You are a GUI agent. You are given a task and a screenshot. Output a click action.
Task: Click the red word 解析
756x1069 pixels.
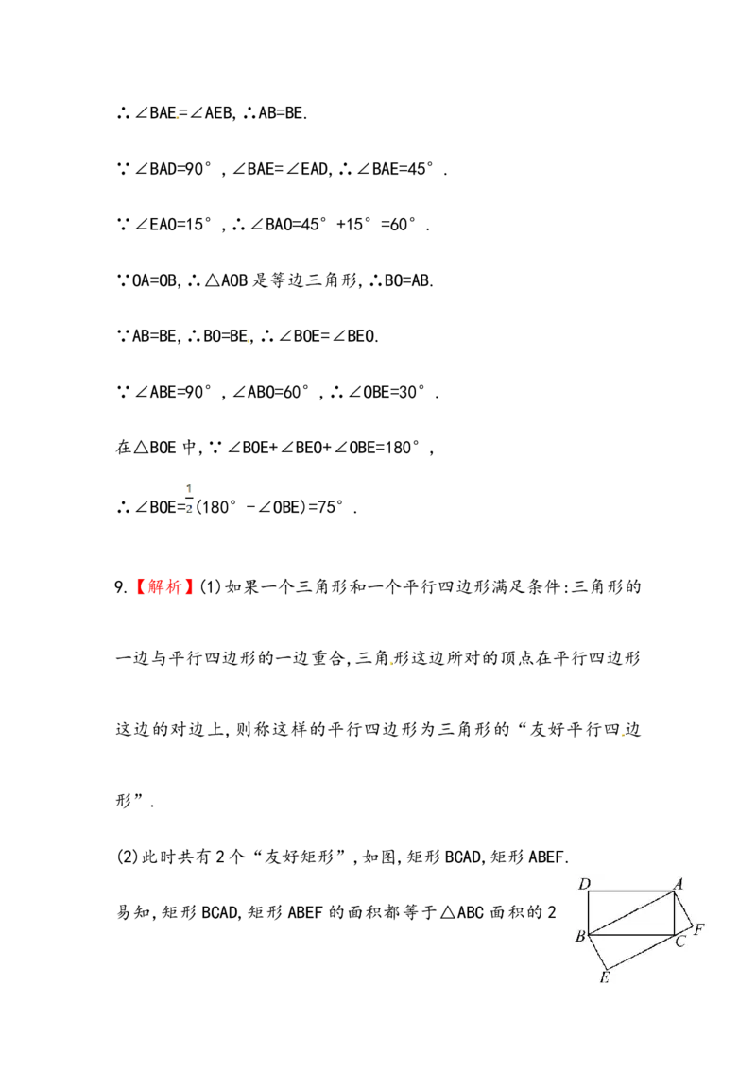click(x=164, y=587)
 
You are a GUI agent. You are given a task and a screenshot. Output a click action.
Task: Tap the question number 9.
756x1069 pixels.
click(x=120, y=587)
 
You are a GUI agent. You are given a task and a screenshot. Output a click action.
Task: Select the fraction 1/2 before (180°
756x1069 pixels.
click(x=189, y=500)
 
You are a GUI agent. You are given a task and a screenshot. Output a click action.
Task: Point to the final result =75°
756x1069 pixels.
click(x=327, y=507)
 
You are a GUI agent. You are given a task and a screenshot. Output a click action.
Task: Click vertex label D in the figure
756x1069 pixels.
click(x=584, y=884)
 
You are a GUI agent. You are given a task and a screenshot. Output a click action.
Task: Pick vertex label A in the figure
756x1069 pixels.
click(x=678, y=884)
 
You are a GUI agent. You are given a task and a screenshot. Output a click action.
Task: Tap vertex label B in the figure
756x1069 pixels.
click(x=580, y=936)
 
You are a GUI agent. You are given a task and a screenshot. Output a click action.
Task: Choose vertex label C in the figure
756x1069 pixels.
click(x=679, y=942)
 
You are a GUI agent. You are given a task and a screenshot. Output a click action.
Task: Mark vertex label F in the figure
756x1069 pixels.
click(x=698, y=928)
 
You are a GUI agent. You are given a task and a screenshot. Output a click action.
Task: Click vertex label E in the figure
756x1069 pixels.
click(x=604, y=977)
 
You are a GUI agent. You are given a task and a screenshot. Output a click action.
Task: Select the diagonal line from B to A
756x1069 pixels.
click(x=631, y=913)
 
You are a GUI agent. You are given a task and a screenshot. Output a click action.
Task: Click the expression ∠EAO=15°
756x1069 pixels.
click(x=173, y=225)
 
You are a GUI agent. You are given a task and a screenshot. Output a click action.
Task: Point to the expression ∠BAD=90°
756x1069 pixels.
click(x=173, y=168)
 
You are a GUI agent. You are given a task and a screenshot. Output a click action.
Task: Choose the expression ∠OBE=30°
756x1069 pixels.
click(x=387, y=392)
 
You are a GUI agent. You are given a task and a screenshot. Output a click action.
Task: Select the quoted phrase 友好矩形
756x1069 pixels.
click(x=300, y=857)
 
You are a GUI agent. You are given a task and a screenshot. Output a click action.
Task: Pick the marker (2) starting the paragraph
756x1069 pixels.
click(x=128, y=857)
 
